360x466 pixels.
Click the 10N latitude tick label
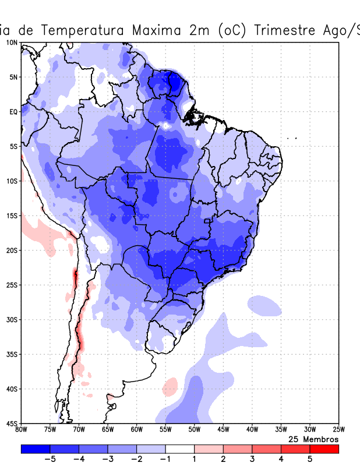[12, 43]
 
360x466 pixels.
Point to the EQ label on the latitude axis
[13, 112]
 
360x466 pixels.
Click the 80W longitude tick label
[22, 430]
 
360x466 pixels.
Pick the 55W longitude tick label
[165, 430]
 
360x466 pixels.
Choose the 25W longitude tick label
[338, 430]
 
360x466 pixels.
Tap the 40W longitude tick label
[252, 430]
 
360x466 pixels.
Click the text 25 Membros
[313, 439]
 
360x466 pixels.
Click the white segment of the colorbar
[179, 449]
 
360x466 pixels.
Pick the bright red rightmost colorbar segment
[324, 449]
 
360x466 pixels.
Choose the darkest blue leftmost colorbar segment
[35, 449]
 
